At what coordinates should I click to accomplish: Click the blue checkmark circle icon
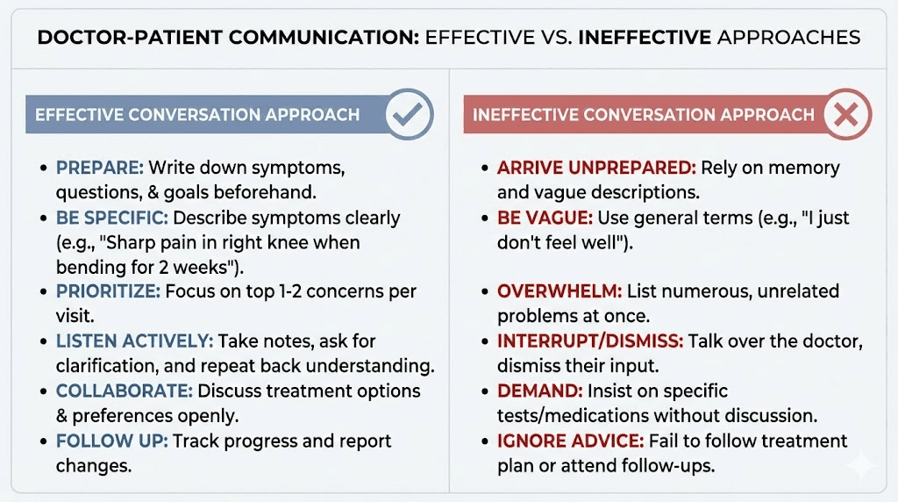click(x=410, y=115)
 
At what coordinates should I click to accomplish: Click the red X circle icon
click(x=846, y=115)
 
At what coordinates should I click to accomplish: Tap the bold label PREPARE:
click(x=99, y=168)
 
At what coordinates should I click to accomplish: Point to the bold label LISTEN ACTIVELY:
click(x=134, y=341)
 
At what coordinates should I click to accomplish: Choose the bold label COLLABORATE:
click(x=124, y=391)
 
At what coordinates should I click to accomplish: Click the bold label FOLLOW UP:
click(x=111, y=441)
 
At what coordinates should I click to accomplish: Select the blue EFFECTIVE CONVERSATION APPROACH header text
click(x=197, y=115)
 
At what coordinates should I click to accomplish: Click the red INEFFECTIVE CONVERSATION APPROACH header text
click(x=644, y=115)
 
